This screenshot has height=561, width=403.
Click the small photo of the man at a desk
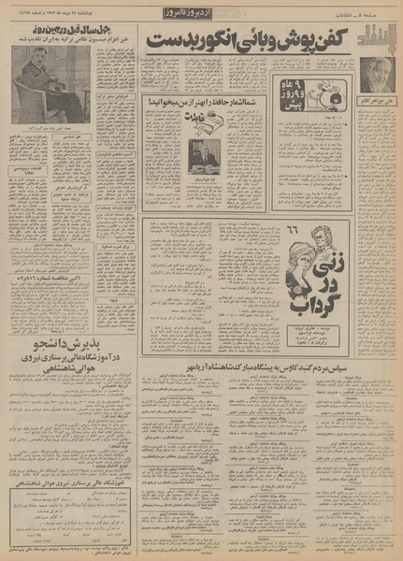point(205,153)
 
